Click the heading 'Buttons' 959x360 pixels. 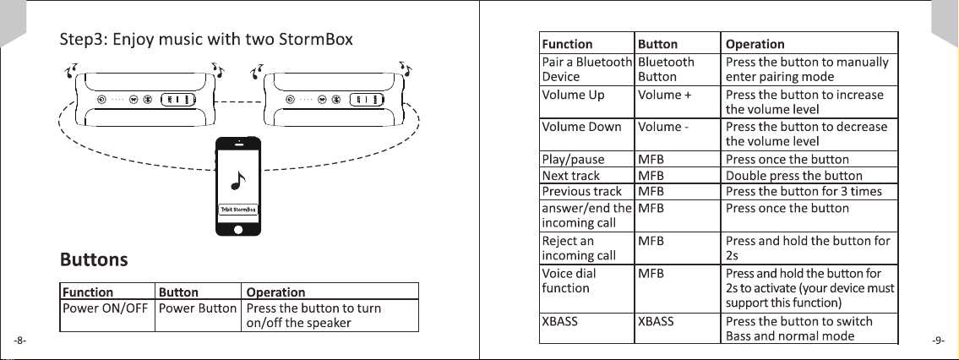94,259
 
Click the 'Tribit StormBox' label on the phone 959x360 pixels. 238,210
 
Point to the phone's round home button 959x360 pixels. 238,230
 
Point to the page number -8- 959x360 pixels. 19,341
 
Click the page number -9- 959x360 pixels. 939,341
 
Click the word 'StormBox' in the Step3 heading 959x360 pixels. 316,41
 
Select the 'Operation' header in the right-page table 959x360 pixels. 755,44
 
